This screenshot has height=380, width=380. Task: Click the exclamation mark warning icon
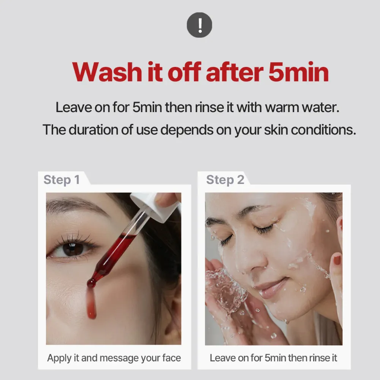[199, 25]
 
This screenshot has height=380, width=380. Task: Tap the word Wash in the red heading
[107, 72]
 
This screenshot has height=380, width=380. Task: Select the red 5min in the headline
[299, 72]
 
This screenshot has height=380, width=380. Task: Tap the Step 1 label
[62, 180]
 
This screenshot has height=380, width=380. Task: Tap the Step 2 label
[225, 180]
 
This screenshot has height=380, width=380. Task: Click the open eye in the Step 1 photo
[73, 249]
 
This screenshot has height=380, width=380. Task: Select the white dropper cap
[155, 206]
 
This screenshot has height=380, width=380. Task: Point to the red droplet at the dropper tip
[91, 283]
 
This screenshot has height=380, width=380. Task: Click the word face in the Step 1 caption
[172, 358]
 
